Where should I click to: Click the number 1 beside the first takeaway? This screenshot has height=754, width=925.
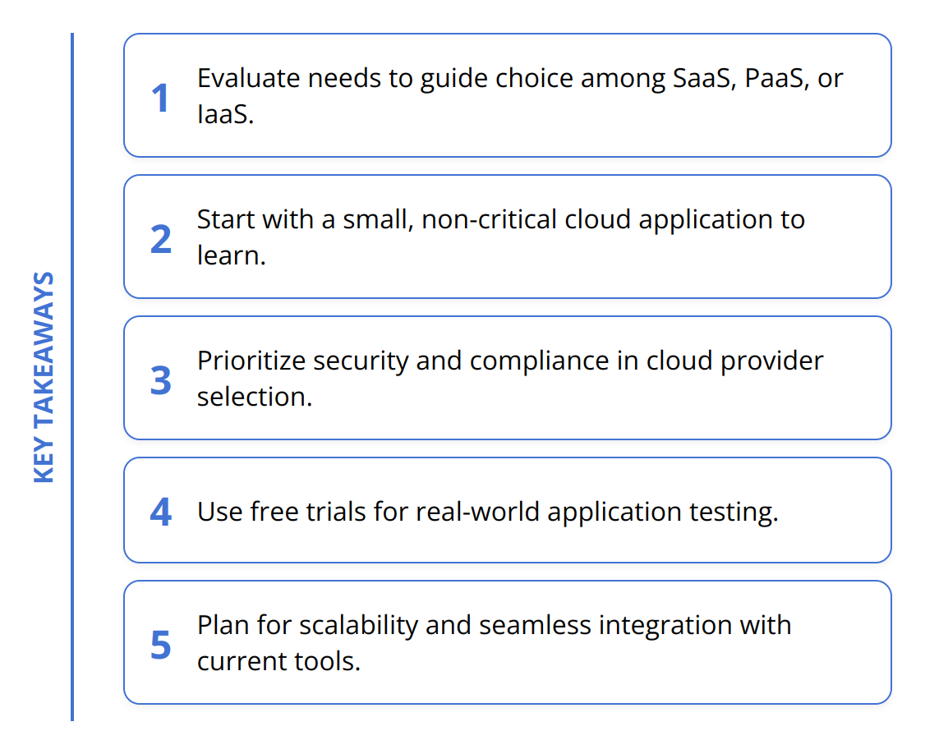tap(160, 99)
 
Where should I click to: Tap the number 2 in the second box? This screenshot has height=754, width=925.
tap(161, 239)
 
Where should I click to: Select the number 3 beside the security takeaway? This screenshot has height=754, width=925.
tap(161, 380)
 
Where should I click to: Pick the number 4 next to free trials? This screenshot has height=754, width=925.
tap(161, 513)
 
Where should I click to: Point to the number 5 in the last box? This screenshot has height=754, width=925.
tap(161, 645)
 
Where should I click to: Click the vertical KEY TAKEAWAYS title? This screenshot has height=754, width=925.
tap(44, 377)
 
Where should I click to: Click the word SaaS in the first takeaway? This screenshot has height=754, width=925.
tap(698, 78)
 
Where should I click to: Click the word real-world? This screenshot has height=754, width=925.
tap(478, 512)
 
